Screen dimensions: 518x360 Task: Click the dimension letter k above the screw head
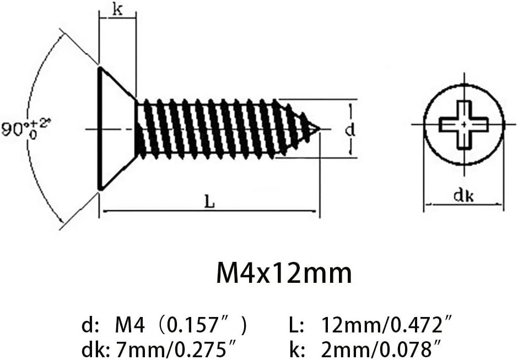point(117,10)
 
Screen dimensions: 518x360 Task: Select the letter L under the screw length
point(209,201)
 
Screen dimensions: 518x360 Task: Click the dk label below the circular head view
point(463,196)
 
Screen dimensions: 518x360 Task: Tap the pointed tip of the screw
point(320,128)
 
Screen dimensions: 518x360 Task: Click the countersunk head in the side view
point(117,128)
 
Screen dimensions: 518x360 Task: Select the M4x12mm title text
point(284,273)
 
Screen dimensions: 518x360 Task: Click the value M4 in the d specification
point(130,325)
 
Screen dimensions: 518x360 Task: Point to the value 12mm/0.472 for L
point(386,325)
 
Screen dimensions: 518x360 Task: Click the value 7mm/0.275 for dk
point(176,349)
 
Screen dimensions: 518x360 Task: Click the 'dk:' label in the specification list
point(98,349)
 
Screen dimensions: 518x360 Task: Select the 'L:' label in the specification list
point(296,325)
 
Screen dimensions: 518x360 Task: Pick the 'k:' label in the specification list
point(296,349)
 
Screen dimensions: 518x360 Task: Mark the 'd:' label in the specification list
point(90,325)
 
